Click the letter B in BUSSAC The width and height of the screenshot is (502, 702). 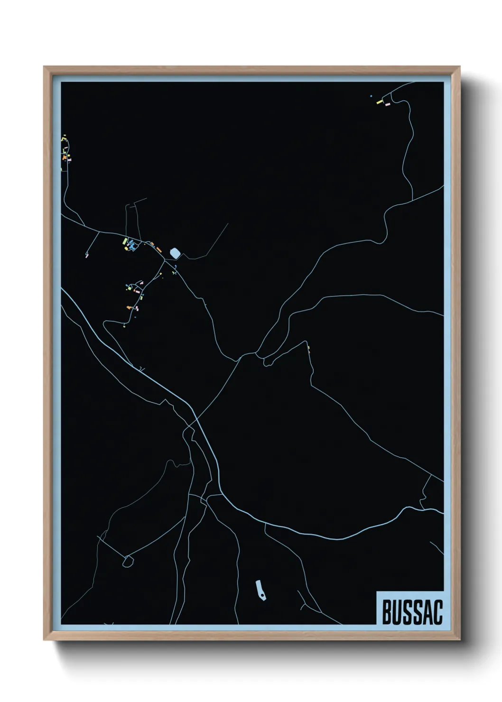point(386,612)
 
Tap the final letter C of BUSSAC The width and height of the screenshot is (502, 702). point(437,612)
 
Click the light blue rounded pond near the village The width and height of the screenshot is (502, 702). point(176,254)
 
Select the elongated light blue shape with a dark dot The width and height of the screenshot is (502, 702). point(260,589)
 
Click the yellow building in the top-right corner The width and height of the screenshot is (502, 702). point(379,102)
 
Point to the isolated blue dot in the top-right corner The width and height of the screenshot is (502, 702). point(371,96)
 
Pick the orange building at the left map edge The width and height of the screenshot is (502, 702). point(65,157)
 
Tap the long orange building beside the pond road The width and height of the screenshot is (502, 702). point(158,249)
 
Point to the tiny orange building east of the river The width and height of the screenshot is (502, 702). point(309,350)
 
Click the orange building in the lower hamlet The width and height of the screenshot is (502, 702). point(128,308)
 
